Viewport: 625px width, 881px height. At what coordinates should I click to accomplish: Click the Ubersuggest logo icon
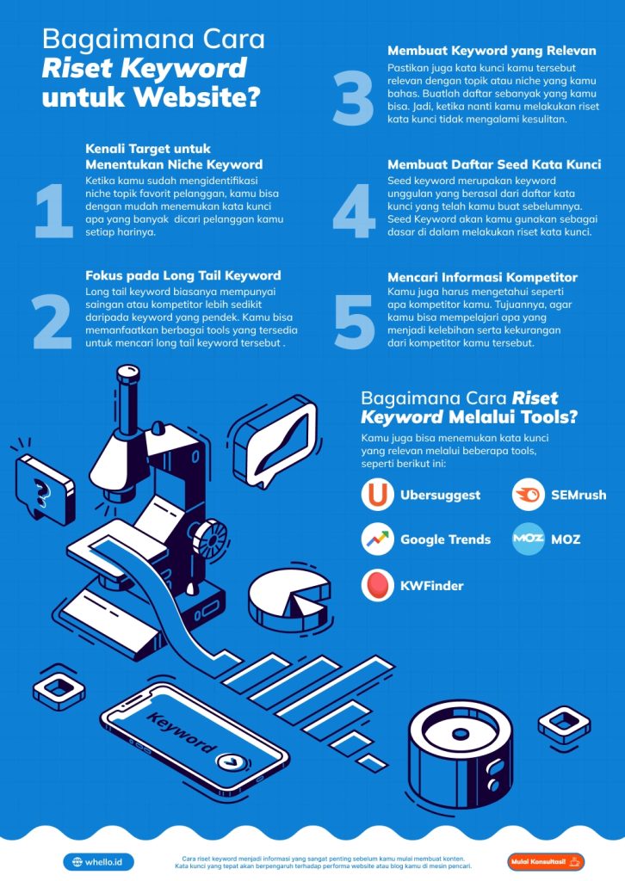377,495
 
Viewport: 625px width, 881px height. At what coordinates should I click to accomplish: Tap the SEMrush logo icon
528,495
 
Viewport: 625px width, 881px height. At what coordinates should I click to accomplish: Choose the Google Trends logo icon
377,539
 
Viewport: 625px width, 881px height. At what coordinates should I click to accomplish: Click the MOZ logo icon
528,539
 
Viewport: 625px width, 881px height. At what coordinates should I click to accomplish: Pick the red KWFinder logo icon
377,585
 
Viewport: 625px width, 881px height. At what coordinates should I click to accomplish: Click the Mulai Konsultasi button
546,861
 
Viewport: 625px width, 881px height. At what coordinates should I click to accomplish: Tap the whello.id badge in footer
98,861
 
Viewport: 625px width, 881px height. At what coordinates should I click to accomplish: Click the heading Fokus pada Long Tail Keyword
183,275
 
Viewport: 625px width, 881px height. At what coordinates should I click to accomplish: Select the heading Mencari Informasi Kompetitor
482,277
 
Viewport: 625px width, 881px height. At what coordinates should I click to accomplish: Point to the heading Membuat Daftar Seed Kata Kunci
494,163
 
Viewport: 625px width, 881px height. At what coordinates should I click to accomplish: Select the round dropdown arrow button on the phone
230,761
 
